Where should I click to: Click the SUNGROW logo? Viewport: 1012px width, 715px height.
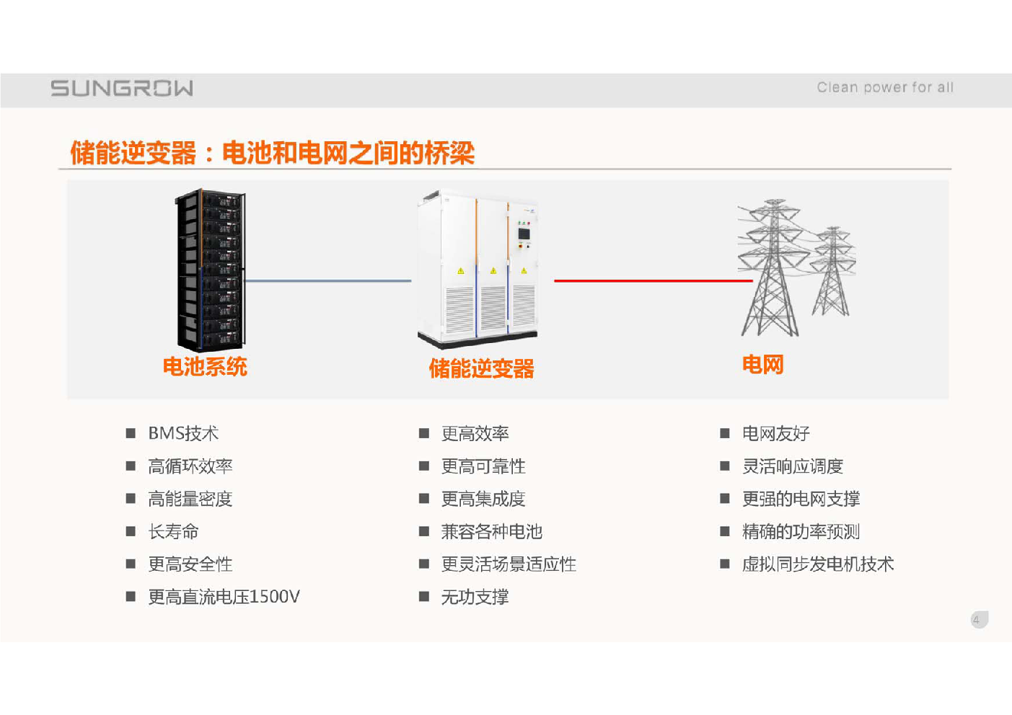point(121,89)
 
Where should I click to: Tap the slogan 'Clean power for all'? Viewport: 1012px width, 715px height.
point(884,87)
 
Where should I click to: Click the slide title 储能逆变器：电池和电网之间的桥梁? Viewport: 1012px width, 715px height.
point(273,153)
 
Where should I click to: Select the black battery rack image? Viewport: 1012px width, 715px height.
point(211,270)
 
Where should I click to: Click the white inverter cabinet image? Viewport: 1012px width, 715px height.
point(478,269)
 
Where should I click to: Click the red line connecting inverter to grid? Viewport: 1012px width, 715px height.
point(654,281)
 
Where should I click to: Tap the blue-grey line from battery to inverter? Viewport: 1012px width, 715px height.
point(328,281)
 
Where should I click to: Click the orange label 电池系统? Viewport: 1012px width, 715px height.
point(205,366)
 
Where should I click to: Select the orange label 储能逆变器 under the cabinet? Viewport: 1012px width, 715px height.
point(482,368)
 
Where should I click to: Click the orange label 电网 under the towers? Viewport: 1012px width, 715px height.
point(762,364)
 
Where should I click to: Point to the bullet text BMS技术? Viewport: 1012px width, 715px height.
point(183,433)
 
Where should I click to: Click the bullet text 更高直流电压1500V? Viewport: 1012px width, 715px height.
point(224,597)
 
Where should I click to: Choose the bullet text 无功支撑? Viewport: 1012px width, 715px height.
point(475,597)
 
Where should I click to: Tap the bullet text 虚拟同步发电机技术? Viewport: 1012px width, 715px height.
point(818,564)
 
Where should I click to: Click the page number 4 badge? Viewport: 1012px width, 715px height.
point(979,619)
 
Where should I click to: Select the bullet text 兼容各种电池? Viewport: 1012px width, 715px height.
point(491,531)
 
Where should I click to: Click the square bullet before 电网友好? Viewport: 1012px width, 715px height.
point(725,433)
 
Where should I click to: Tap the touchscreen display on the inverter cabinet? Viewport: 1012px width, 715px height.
point(524,234)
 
